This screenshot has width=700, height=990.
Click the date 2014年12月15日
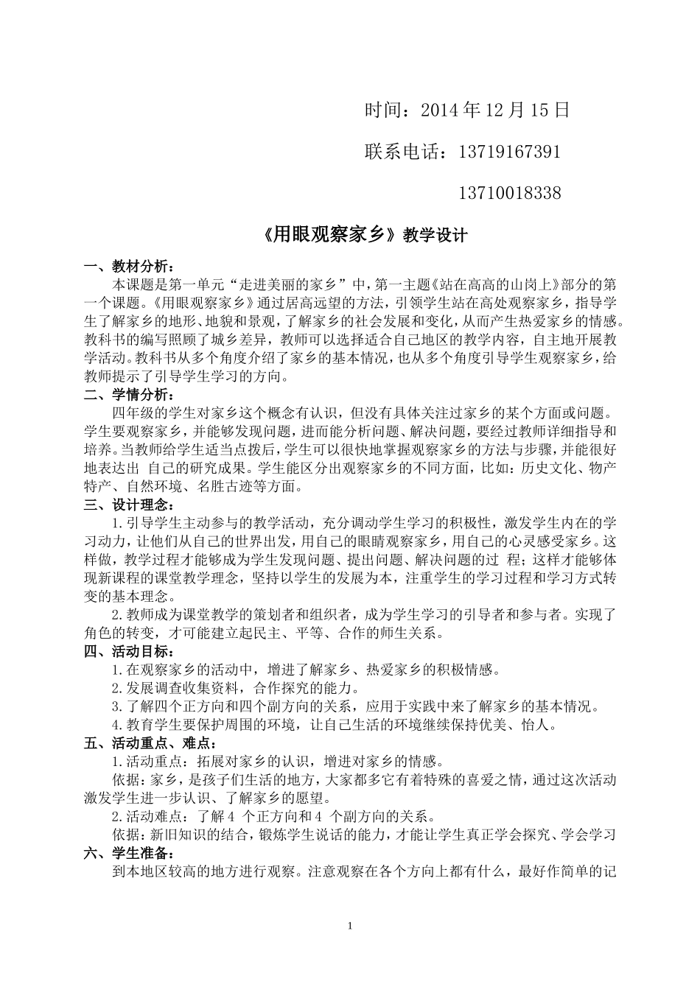pyautogui.click(x=495, y=110)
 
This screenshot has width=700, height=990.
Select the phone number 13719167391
pyautogui.click(x=509, y=152)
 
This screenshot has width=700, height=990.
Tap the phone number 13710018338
pyautogui.click(x=509, y=194)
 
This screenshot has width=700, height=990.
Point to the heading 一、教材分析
pyautogui.click(x=130, y=266)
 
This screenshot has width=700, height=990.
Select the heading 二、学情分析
pyautogui.click(x=130, y=394)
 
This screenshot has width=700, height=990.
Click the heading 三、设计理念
pyautogui.click(x=130, y=505)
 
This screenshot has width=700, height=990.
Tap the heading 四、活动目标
pyautogui.click(x=130, y=651)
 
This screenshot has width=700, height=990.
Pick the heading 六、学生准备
pyautogui.click(x=130, y=853)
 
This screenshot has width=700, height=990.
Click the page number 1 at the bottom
pyautogui.click(x=351, y=925)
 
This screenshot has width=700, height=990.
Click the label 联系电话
pyautogui.click(x=405, y=152)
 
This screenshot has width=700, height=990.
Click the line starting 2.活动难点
pyautogui.click(x=273, y=816)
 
